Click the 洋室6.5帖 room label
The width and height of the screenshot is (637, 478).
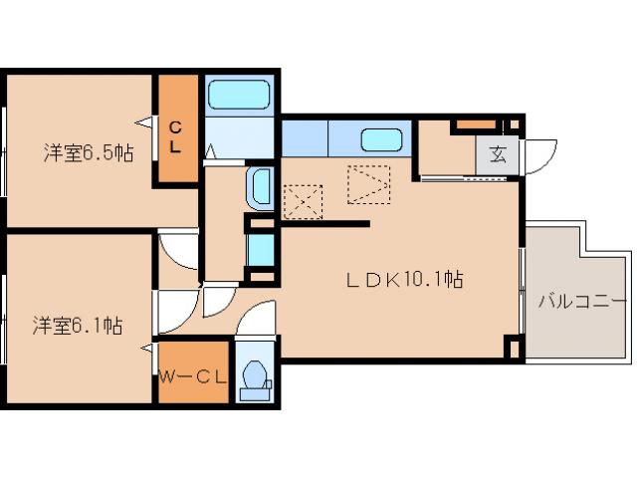89,153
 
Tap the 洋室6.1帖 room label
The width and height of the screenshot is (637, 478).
78,326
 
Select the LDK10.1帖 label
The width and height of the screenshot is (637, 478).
404,279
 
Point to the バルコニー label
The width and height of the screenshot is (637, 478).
582,302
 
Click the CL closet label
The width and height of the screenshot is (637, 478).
175,137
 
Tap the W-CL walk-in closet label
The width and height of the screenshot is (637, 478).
192,377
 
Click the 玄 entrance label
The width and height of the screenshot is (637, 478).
498,154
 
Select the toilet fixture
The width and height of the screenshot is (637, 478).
256,380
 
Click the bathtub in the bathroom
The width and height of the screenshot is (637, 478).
239,95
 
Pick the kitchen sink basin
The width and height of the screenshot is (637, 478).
381,139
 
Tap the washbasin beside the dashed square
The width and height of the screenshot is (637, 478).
261,188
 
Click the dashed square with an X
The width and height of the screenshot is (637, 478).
303,201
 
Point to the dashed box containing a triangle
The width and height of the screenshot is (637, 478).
369,184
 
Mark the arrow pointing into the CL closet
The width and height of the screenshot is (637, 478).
145,121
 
